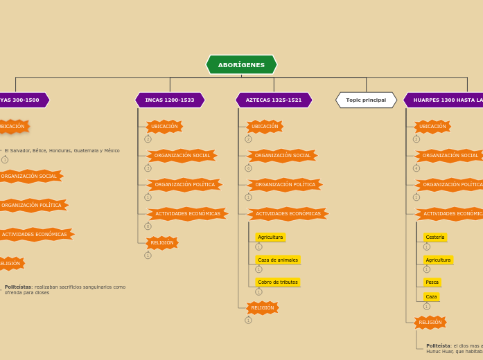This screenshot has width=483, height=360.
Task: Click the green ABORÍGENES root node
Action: click(241, 65)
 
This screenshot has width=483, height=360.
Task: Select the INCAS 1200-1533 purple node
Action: click(170, 100)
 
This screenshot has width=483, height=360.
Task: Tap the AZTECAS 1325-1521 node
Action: click(274, 100)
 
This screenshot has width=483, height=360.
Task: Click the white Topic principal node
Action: click(366, 100)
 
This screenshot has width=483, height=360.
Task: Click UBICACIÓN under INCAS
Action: click(164, 127)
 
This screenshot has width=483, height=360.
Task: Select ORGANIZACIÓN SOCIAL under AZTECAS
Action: click(282, 156)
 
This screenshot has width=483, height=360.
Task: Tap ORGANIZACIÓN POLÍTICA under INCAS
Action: click(184, 185)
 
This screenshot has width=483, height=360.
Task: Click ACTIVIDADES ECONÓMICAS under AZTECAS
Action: click(288, 214)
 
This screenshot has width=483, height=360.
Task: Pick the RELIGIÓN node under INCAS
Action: click(162, 243)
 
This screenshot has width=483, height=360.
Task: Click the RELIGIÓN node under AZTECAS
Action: click(263, 308)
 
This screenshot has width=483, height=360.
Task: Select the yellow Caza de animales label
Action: click(278, 260)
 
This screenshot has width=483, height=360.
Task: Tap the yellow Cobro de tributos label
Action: click(278, 282)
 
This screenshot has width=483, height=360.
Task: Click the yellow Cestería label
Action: click(435, 237)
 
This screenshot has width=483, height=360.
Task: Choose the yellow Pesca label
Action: click(432, 282)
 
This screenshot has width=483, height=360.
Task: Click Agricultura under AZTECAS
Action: click(270, 237)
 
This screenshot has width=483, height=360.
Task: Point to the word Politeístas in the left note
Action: click(17, 287)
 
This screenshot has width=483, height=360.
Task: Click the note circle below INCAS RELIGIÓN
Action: click(148, 255)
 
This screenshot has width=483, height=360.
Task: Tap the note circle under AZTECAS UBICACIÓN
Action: click(248, 139)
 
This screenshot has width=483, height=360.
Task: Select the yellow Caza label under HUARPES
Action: click(431, 297)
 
